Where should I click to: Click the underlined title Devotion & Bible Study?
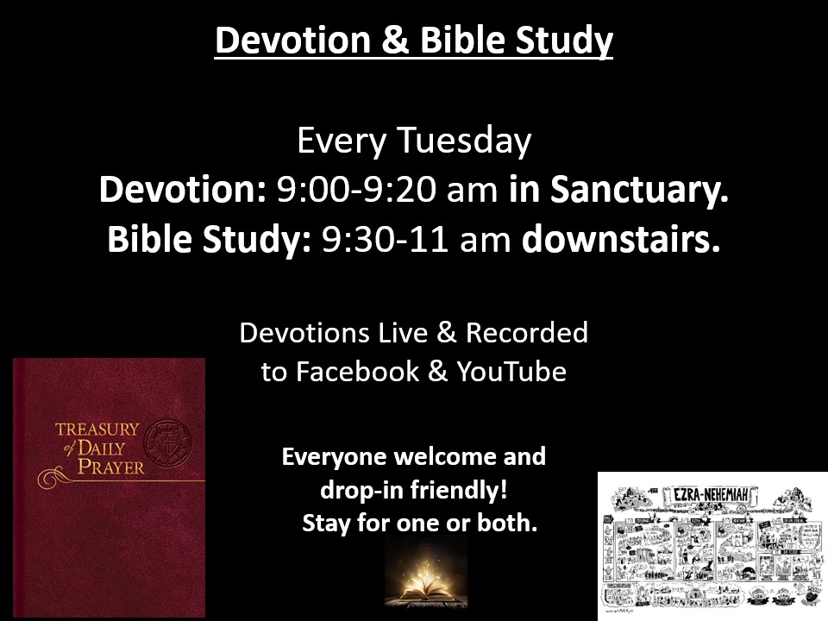[x=413, y=41]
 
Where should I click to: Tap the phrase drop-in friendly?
[x=413, y=489]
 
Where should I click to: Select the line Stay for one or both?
[x=419, y=523]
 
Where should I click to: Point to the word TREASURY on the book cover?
[x=97, y=429]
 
